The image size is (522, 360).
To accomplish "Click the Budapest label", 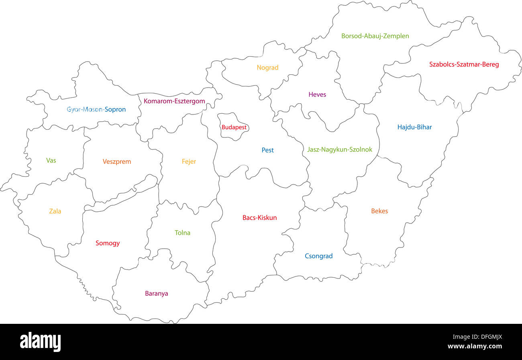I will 234,127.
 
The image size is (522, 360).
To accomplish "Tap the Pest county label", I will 267,150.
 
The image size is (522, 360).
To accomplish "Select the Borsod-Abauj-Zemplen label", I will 375,36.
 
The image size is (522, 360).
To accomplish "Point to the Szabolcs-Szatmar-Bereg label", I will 464,64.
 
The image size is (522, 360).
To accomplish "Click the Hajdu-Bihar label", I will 414,127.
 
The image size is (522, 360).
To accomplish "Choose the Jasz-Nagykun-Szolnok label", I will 339,149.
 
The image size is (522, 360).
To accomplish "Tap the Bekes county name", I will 379,211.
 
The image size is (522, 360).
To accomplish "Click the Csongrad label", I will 318,256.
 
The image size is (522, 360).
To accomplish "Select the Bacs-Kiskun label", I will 259,218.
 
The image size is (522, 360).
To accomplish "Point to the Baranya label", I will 157,294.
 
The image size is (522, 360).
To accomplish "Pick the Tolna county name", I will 182,233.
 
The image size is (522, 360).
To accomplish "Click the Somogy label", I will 108,243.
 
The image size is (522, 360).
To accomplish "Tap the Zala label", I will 55,211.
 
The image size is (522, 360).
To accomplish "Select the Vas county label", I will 51,161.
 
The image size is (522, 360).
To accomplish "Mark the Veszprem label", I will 116,162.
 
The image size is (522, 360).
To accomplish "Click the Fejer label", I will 189,162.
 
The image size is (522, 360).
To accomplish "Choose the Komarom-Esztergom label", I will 174,101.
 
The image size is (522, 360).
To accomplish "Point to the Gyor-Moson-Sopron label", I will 96,109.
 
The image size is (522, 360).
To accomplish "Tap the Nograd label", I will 267,68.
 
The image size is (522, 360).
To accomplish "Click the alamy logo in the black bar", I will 40,342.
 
